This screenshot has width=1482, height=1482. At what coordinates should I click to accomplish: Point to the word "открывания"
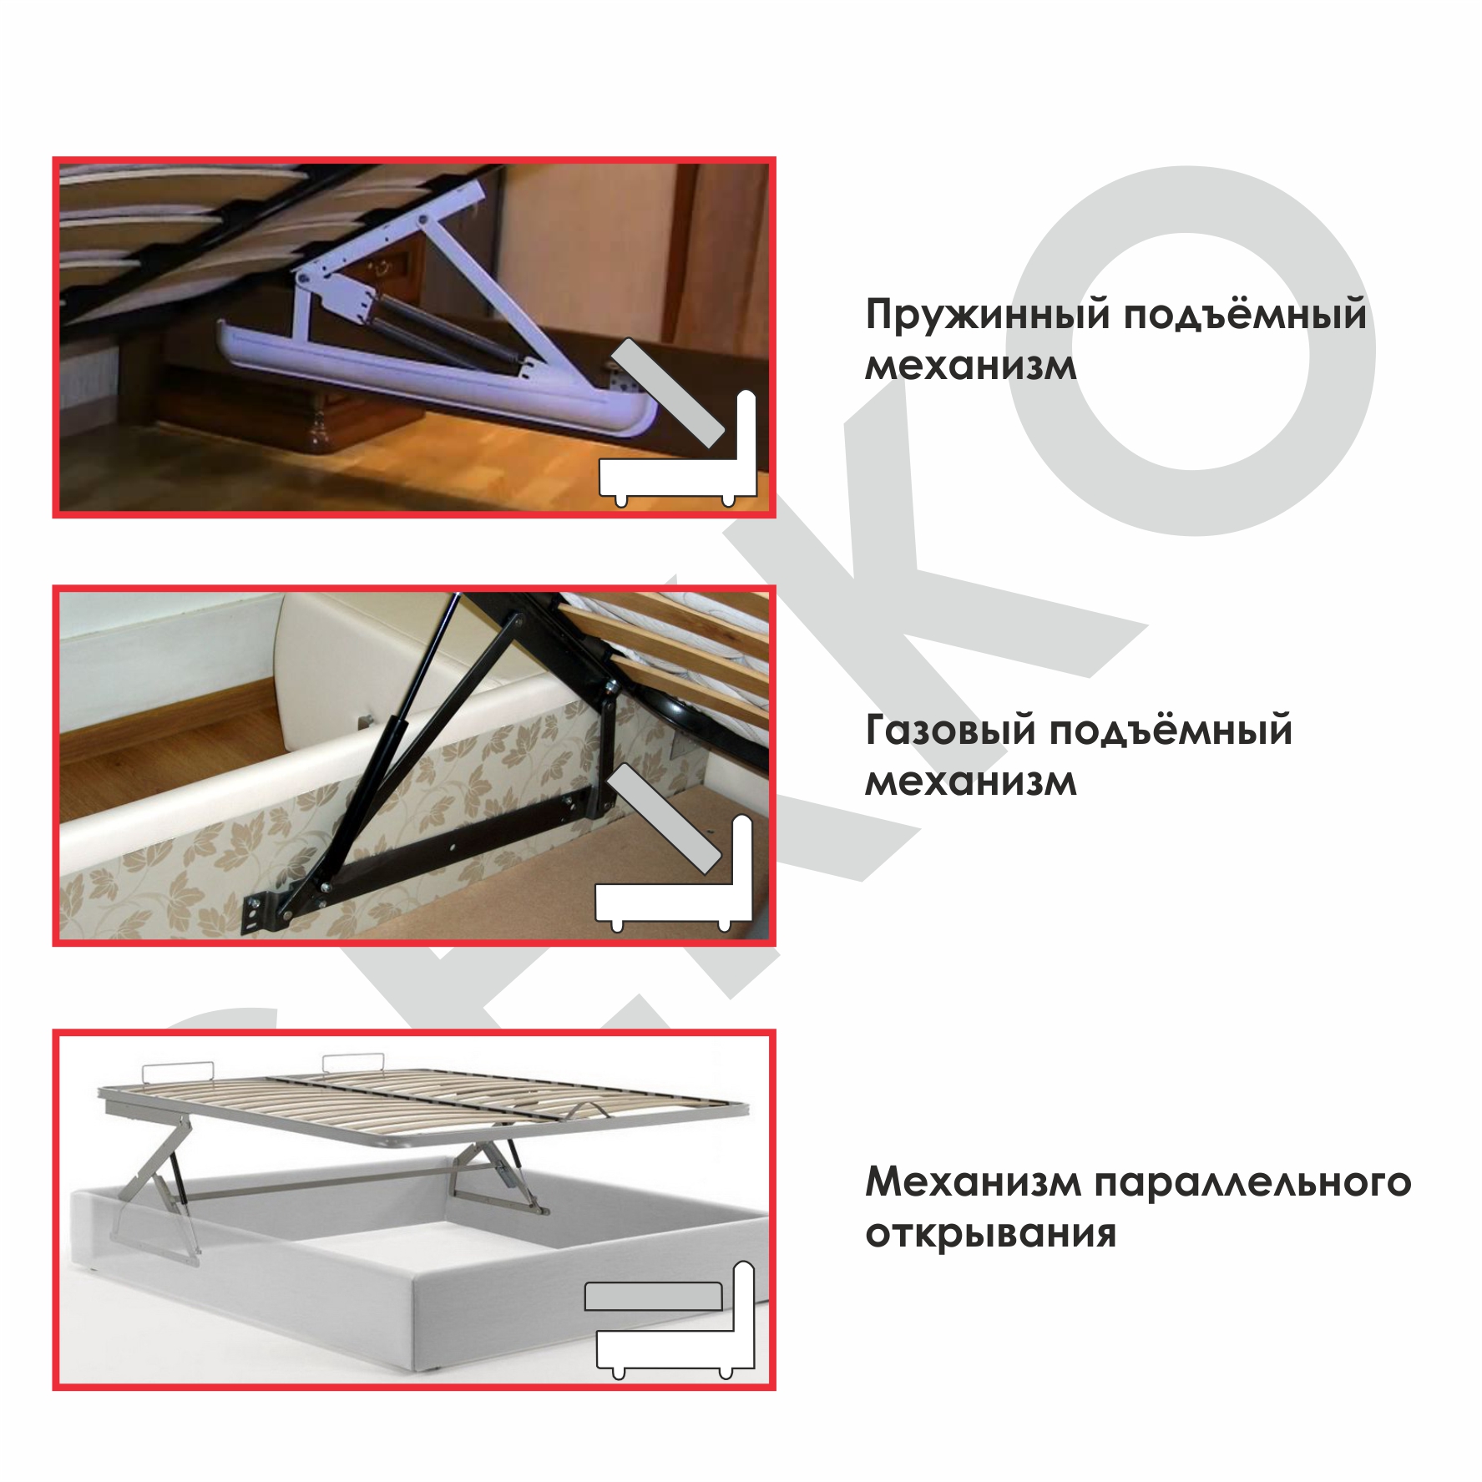click(990, 1233)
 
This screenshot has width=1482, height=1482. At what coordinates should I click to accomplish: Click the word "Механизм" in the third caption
click(971, 1181)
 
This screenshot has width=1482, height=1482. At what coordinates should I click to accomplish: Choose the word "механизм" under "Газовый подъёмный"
click(970, 781)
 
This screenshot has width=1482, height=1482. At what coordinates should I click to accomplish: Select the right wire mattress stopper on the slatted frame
click(353, 1062)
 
